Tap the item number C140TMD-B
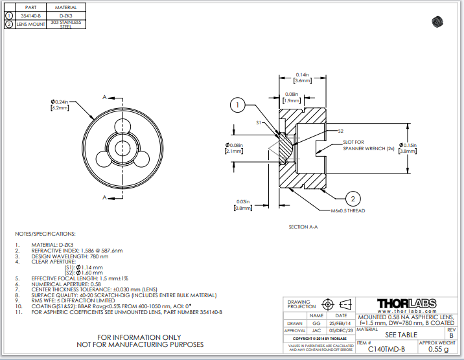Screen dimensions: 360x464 pyautogui.click(x=387, y=349)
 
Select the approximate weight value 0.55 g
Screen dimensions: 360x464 pyautogui.click(x=437, y=349)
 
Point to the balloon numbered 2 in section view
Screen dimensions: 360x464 pyautogui.click(x=354, y=198)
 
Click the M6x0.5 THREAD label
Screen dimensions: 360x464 pyautogui.click(x=348, y=211)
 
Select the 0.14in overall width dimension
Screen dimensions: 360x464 pyautogui.click(x=302, y=78)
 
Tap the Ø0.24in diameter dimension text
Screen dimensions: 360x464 pyautogui.click(x=60, y=104)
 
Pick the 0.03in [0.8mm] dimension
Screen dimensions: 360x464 pyautogui.click(x=243, y=205)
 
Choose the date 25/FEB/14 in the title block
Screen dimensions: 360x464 pyautogui.click(x=340, y=322)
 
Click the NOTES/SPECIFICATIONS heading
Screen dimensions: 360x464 pyautogui.click(x=45, y=233)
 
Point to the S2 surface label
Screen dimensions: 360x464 pyautogui.click(x=340, y=131)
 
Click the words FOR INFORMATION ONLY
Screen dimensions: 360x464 pyautogui.click(x=139, y=337)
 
